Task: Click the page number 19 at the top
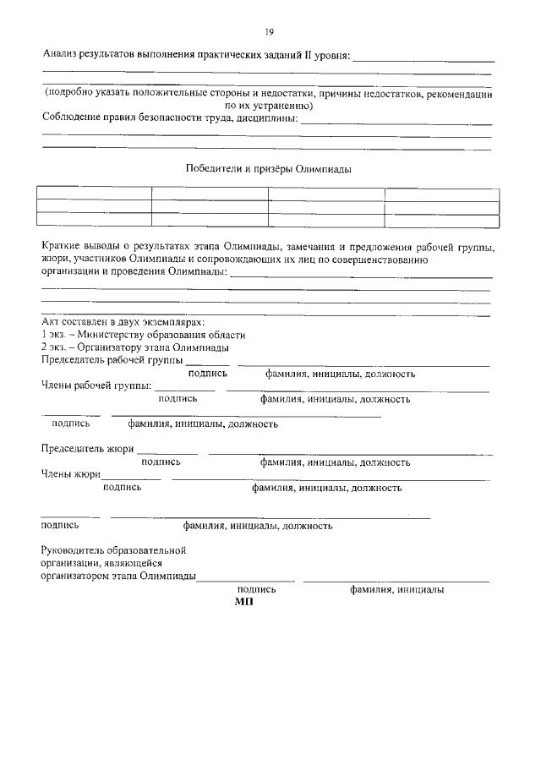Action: tap(269, 32)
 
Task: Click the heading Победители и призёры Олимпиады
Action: tap(269, 168)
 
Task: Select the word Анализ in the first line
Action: tap(63, 55)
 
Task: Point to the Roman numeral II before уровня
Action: tap(309, 55)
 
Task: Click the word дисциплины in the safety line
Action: tap(270, 117)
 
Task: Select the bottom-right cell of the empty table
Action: tap(442, 220)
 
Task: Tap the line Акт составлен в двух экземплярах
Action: tap(123, 323)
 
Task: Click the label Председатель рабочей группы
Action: tap(112, 360)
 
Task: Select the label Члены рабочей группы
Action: tap(96, 385)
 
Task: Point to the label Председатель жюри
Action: tap(88, 449)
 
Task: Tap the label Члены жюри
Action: tap(71, 474)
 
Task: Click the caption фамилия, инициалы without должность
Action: tap(397, 590)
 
